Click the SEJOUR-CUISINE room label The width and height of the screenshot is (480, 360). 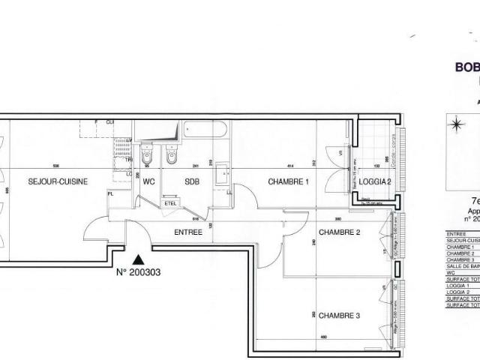[x=58, y=181]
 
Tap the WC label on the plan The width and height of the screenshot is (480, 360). [x=148, y=181]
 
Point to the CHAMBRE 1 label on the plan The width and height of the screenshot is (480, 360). [x=289, y=181]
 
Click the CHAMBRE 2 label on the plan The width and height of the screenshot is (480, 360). [x=340, y=232]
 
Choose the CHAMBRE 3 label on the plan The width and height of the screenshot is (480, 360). [x=339, y=294]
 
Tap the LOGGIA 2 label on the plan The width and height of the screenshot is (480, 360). [x=374, y=182]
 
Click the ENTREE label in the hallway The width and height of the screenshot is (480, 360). [x=188, y=232]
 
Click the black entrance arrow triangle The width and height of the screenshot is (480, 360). [x=136, y=258]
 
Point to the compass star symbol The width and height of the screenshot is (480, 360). [x=456, y=124]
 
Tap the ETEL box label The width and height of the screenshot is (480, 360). [x=169, y=201]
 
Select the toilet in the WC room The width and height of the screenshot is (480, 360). [x=147, y=156]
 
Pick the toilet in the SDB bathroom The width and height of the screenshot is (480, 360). [x=172, y=156]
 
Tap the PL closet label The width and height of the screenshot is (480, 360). [x=111, y=194]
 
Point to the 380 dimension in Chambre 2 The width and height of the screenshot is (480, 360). [x=338, y=219]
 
